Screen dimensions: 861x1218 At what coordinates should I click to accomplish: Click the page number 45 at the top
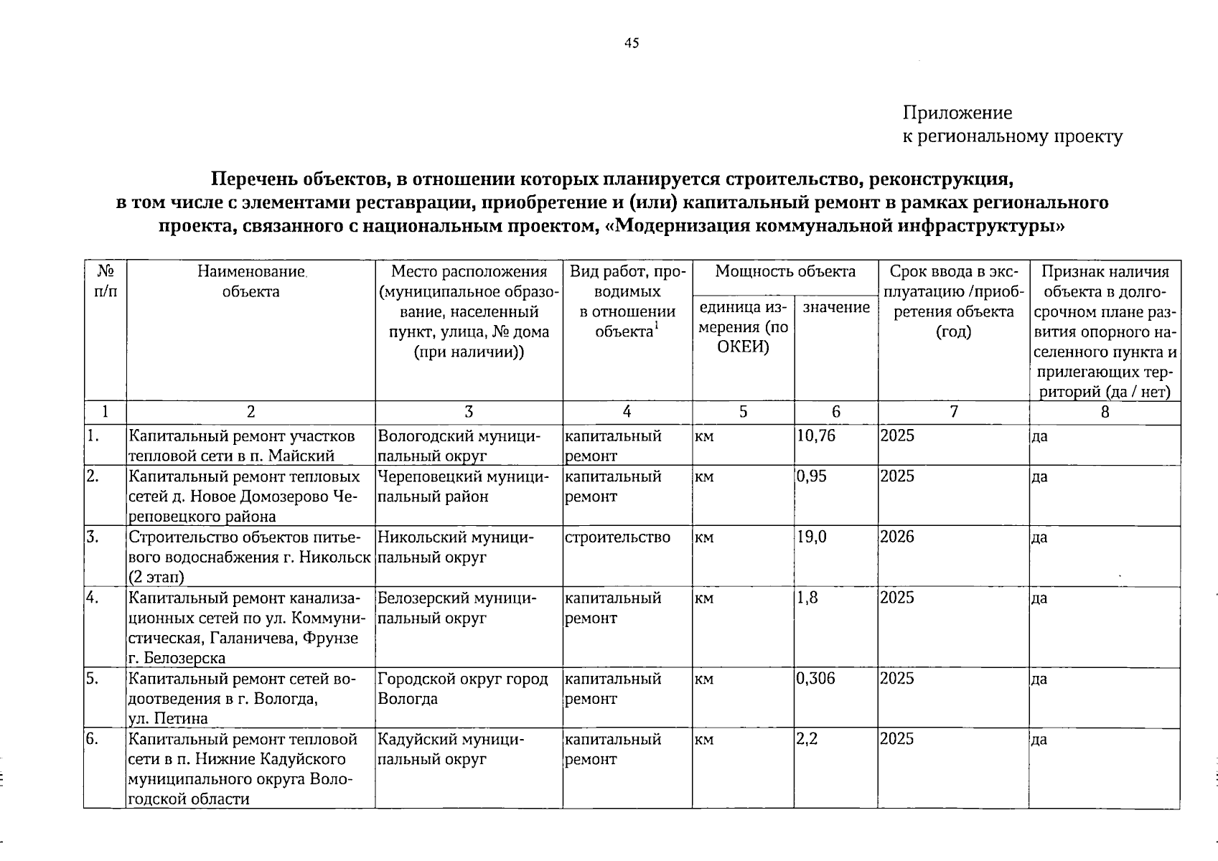click(x=632, y=43)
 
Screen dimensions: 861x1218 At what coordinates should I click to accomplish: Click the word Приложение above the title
click(x=957, y=113)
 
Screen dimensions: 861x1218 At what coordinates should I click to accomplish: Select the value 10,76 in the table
click(x=816, y=436)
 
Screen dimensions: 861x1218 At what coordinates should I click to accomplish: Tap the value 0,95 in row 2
click(x=812, y=476)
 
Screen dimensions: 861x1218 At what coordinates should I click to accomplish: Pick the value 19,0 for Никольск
click(x=812, y=537)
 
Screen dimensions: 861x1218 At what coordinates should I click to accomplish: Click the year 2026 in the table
click(x=897, y=537)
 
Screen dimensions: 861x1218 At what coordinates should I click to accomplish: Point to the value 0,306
click(x=816, y=678)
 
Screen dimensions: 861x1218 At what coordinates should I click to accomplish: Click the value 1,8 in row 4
click(x=807, y=598)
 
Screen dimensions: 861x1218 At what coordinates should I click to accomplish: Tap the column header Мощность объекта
click(x=785, y=272)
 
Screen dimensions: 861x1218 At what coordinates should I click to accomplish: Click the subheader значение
click(x=836, y=307)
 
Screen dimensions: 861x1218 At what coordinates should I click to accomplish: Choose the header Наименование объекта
click(x=251, y=281)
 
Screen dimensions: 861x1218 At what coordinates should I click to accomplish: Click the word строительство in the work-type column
click(x=618, y=537)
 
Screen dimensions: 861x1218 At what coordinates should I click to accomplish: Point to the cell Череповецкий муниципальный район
click(x=464, y=486)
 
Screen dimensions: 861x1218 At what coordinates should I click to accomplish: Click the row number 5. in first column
click(x=92, y=678)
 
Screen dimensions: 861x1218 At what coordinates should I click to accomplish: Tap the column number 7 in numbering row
click(x=953, y=412)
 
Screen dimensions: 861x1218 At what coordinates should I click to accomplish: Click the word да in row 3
click(x=1039, y=537)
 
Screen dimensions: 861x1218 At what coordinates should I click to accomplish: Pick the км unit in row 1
click(x=704, y=436)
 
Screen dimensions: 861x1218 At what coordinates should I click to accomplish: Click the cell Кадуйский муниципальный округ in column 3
click(x=453, y=748)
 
